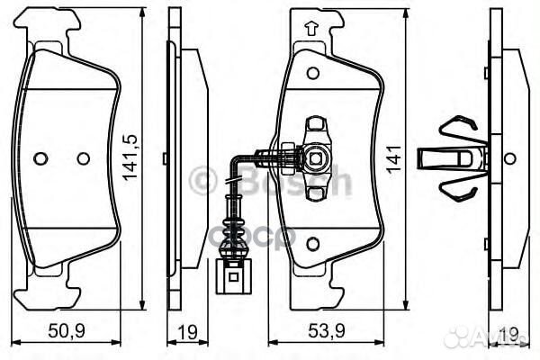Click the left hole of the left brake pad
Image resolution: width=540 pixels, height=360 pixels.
(x=40, y=158)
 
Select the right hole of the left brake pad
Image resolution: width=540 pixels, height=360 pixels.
(x=83, y=158)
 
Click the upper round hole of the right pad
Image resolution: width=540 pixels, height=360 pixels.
(x=312, y=73)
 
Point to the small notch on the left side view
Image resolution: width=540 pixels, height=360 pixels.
(x=165, y=158)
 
